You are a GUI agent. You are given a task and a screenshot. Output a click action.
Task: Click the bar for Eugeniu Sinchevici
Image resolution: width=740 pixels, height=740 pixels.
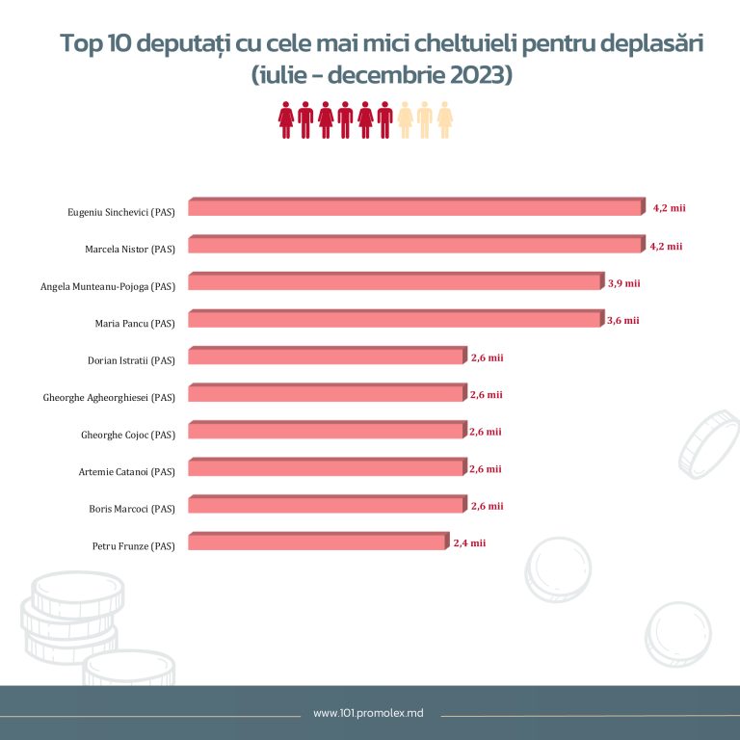pyautogui.click(x=414, y=208)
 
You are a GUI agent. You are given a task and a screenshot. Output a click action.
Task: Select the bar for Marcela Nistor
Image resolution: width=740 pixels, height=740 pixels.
pyautogui.click(x=414, y=246)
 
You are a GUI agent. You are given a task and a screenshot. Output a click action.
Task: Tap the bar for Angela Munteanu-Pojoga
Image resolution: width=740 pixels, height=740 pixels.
pyautogui.click(x=395, y=282)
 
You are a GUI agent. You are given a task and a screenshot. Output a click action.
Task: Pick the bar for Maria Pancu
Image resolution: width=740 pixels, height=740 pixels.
pyautogui.click(x=395, y=320)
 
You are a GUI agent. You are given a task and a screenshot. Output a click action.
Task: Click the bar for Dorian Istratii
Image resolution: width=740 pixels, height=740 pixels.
pyautogui.click(x=326, y=357)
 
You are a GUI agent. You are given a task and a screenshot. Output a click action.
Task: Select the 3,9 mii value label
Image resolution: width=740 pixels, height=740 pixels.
pyautogui.click(x=624, y=282)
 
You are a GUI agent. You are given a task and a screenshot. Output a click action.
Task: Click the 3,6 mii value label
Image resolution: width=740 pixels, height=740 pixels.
pyautogui.click(x=623, y=320)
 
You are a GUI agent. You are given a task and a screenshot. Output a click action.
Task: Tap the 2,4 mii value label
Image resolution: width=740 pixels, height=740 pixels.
pyautogui.click(x=469, y=542)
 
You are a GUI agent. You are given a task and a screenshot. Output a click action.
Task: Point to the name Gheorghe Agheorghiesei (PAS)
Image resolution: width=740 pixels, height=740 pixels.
pyautogui.click(x=109, y=397)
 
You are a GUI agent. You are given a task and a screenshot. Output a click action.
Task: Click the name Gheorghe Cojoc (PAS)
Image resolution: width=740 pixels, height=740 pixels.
pyautogui.click(x=128, y=435)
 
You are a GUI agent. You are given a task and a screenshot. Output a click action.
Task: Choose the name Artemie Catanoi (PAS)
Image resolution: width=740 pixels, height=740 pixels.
pyautogui.click(x=126, y=471)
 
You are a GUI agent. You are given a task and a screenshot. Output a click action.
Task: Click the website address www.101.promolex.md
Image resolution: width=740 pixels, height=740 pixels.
pyautogui.click(x=369, y=714)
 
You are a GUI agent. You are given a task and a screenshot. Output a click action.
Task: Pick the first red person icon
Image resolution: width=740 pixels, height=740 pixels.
pyautogui.click(x=285, y=119)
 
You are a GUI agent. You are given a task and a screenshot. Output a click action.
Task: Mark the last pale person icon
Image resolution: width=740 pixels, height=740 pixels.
pyautogui.click(x=445, y=119)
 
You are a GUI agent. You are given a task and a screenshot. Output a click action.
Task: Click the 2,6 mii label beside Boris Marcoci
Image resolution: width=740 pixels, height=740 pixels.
pyautogui.click(x=488, y=505)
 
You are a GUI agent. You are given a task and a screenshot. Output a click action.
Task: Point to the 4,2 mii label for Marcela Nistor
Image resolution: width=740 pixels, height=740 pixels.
pyautogui.click(x=666, y=246)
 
